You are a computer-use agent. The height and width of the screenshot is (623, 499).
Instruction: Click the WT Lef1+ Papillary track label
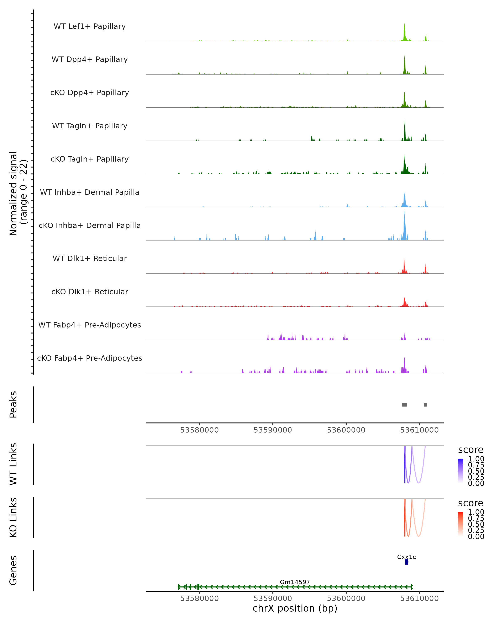(x=90, y=26)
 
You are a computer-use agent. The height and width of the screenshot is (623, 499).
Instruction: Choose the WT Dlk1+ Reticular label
(x=90, y=258)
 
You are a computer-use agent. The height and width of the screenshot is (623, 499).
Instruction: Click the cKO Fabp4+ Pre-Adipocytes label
(x=90, y=358)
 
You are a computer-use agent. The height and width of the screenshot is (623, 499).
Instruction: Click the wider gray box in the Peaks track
(x=404, y=405)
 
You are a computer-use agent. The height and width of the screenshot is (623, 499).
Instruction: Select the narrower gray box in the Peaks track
(x=425, y=405)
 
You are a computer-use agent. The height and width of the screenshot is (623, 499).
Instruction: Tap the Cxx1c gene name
(x=406, y=557)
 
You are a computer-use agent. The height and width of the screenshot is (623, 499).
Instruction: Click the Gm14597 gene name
(x=295, y=582)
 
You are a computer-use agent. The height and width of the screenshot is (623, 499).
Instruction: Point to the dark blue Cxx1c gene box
(x=406, y=562)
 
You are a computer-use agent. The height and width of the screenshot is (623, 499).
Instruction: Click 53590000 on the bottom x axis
(x=273, y=598)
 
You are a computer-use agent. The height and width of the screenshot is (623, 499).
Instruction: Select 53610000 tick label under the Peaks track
(x=419, y=430)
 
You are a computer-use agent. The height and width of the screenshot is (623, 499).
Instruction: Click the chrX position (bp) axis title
(x=295, y=608)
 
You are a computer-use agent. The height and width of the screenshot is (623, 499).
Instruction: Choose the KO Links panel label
(x=13, y=517)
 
